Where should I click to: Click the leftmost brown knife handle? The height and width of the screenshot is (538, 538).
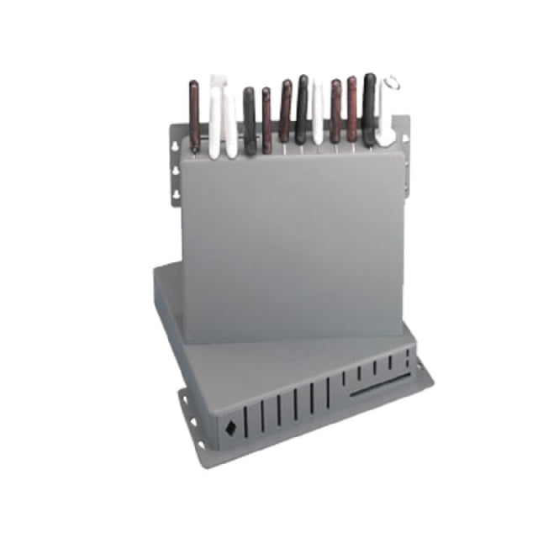[x=194, y=113]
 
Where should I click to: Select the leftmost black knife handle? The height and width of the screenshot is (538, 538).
[x=249, y=122]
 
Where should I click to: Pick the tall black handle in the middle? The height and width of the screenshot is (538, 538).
[x=302, y=109]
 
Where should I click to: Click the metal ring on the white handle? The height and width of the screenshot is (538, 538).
[x=392, y=84]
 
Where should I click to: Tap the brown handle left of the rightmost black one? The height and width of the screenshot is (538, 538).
[x=351, y=109]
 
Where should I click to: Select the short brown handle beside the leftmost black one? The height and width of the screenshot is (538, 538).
[x=266, y=122]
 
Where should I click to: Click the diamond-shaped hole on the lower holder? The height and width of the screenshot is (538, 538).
[x=229, y=427]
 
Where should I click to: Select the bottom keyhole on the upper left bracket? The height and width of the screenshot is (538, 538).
[x=177, y=194]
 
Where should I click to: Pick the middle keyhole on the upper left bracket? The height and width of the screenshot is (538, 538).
[x=176, y=171]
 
